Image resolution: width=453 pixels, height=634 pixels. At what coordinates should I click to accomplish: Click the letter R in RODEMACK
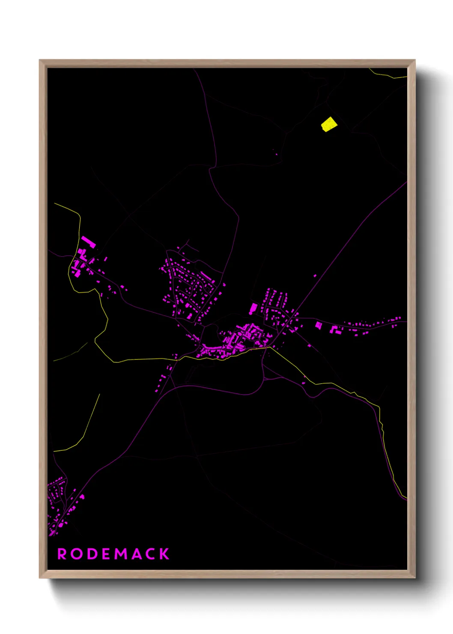click(62, 554)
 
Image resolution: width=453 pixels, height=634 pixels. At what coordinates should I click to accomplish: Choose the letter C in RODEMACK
click(150, 554)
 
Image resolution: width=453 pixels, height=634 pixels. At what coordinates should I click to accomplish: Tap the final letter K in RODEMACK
click(164, 554)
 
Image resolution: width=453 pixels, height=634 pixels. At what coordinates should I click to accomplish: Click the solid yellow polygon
click(329, 124)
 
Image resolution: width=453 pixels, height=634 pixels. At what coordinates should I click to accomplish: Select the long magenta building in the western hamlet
click(88, 242)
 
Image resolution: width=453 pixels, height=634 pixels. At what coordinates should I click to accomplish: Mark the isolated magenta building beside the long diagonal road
click(315, 276)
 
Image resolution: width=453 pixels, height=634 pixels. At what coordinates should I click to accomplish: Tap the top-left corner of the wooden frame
click(40, 61)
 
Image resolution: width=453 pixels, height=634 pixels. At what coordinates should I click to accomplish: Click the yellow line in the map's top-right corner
click(390, 76)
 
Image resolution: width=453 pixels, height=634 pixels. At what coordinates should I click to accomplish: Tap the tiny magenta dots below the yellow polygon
click(275, 152)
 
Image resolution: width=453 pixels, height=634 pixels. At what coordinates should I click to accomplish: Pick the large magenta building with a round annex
click(253, 309)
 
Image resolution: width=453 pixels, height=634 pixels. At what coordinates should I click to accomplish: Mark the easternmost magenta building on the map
click(399, 318)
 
